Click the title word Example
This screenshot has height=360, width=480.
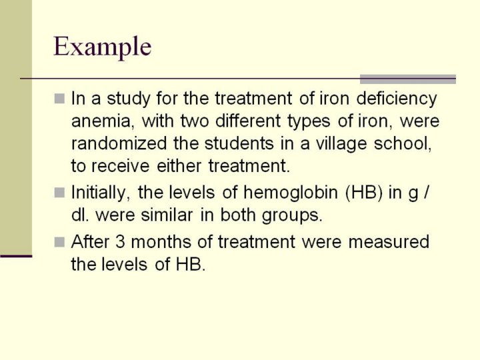pyautogui.click(x=102, y=47)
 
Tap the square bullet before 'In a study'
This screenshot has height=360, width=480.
pyautogui.click(x=59, y=99)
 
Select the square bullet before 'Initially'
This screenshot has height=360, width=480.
pyautogui.click(x=59, y=193)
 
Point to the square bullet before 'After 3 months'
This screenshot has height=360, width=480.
pyautogui.click(x=59, y=242)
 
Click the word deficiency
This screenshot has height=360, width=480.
pyautogui.click(x=397, y=99)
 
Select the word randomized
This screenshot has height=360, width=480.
pyautogui.click(x=119, y=143)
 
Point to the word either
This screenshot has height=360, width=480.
pyautogui.click(x=179, y=166)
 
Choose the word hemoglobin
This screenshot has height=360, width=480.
pyautogui.click(x=291, y=193)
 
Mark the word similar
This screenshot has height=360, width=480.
pyautogui.click(x=167, y=215)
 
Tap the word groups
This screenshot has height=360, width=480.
pyautogui.click(x=293, y=216)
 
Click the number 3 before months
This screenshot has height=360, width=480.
pyautogui.click(x=120, y=242)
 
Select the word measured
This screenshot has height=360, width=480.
pyautogui.click(x=389, y=242)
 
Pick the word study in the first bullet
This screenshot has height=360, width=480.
pyautogui.click(x=129, y=99)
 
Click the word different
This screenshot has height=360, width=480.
pyautogui.click(x=248, y=121)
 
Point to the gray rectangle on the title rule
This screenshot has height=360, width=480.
pyautogui.click(x=408, y=79)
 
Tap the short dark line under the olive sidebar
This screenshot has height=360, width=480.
pyautogui.click(x=16, y=256)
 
